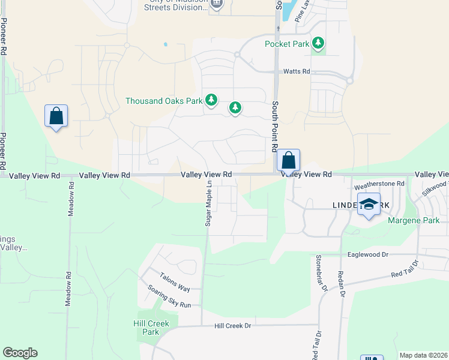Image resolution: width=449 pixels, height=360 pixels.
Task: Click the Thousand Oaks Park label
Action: (x=164, y=101)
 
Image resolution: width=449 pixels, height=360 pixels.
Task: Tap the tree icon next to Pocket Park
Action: (x=318, y=43)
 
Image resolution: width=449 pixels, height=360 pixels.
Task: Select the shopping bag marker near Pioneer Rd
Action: (x=56, y=116)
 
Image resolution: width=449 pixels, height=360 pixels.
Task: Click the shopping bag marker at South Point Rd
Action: (x=288, y=161)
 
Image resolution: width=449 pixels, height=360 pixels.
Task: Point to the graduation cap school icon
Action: (x=370, y=205)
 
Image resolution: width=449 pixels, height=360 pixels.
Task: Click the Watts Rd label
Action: (x=297, y=71)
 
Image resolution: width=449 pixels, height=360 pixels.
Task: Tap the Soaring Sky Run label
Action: (x=169, y=296)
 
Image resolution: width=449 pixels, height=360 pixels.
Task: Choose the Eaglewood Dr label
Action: (x=369, y=254)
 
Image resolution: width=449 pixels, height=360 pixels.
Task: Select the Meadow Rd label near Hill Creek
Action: (x=69, y=290)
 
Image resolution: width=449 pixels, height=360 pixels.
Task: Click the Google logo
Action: (x=20, y=353)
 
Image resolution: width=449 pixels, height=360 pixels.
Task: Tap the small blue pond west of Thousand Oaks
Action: (x=165, y=44)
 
